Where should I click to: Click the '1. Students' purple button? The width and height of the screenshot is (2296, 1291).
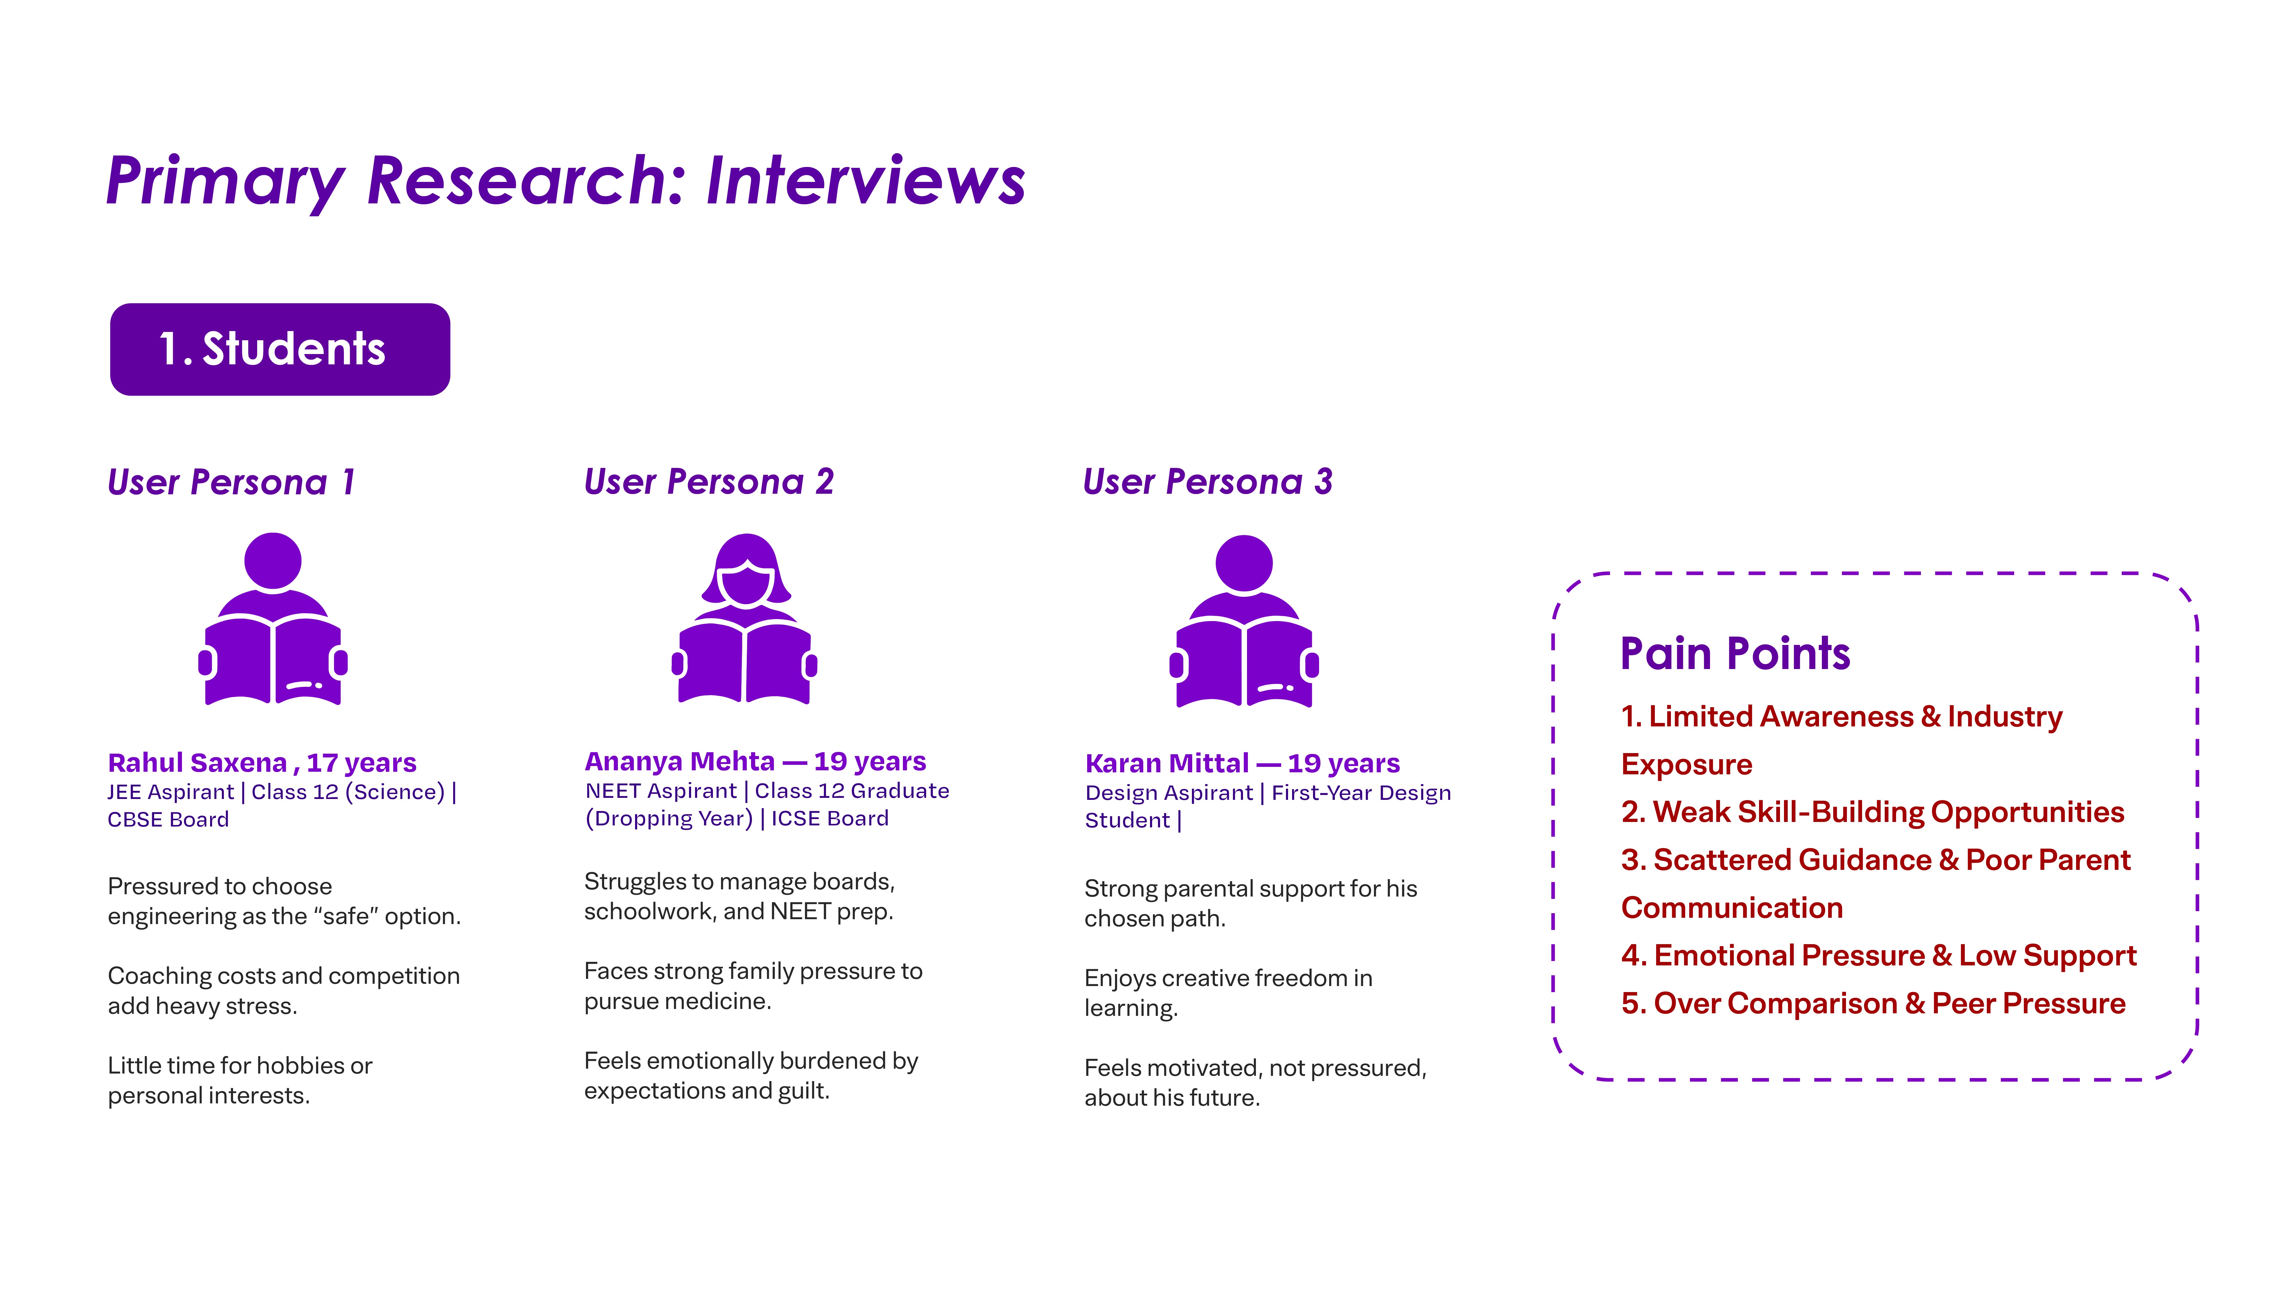tap(280, 349)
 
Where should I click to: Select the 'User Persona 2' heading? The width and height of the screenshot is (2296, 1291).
tap(709, 482)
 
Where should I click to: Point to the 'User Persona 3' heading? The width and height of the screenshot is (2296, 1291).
tap(1208, 482)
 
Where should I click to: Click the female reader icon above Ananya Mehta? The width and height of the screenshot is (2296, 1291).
tap(745, 619)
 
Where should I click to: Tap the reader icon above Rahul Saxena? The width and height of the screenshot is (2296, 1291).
tap(273, 619)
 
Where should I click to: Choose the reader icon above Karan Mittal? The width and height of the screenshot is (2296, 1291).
tap(1244, 621)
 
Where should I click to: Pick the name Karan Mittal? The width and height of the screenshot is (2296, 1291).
tap(1167, 763)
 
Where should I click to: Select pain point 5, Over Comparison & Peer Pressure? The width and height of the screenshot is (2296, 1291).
tap(1874, 1003)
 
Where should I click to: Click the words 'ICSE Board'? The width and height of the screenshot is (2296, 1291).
tap(830, 819)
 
